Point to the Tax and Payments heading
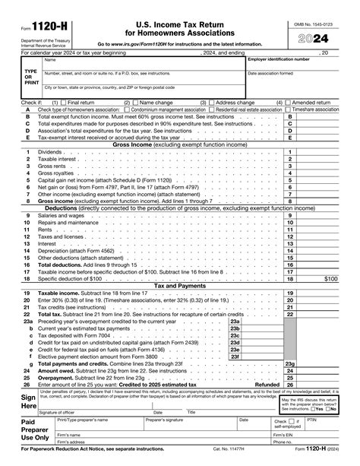[179, 286]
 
